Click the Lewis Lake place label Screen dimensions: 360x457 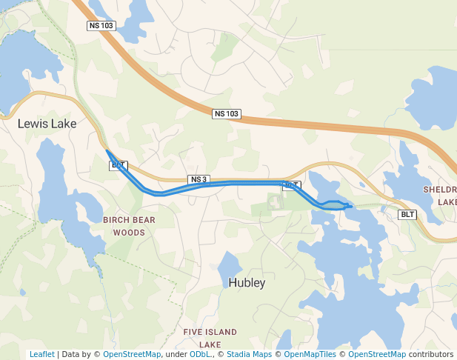47,124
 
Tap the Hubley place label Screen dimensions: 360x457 247,283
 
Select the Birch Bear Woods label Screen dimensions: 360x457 129,226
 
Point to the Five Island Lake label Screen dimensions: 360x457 210,338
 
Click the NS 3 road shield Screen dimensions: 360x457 199,179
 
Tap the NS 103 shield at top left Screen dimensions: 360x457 101,26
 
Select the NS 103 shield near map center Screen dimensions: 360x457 227,113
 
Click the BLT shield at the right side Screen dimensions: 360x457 407,215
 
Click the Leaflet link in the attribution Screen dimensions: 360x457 41,354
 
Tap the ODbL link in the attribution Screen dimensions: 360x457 199,354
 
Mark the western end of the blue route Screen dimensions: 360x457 107,151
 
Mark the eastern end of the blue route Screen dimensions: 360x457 351,206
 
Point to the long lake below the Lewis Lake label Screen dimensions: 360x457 53,181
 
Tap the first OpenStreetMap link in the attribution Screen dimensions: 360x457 132,354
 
